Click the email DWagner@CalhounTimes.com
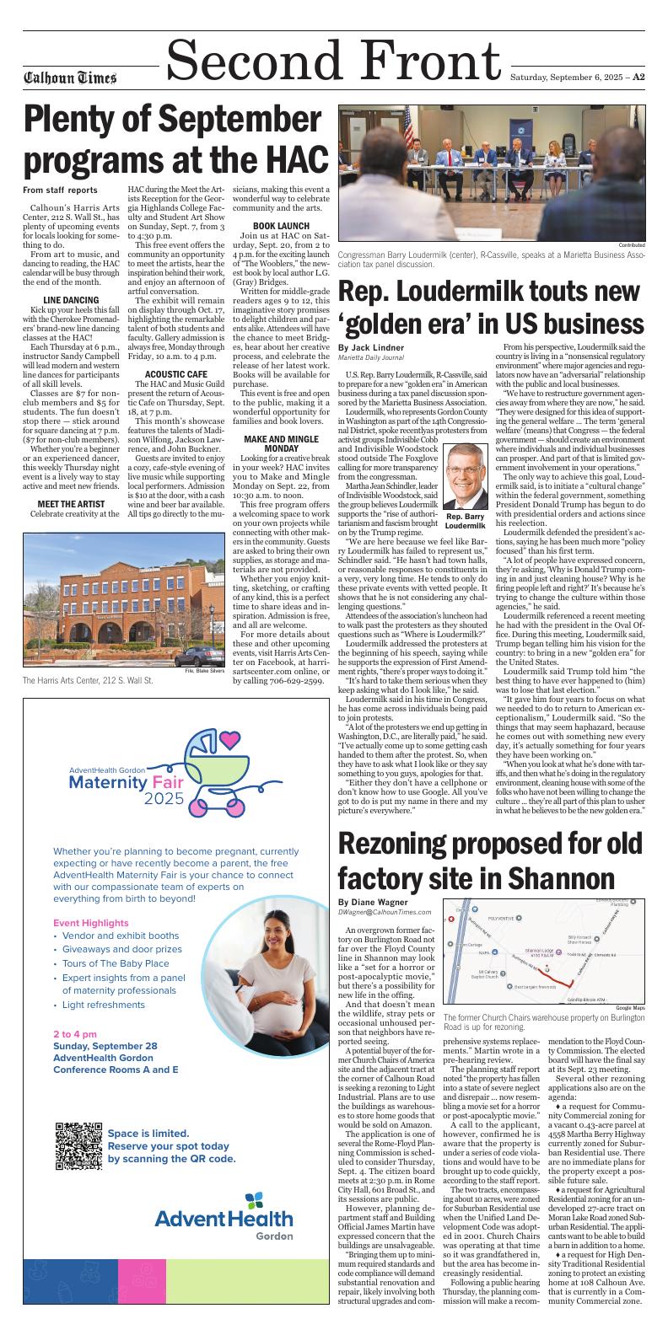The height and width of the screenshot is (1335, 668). click(x=385, y=913)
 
